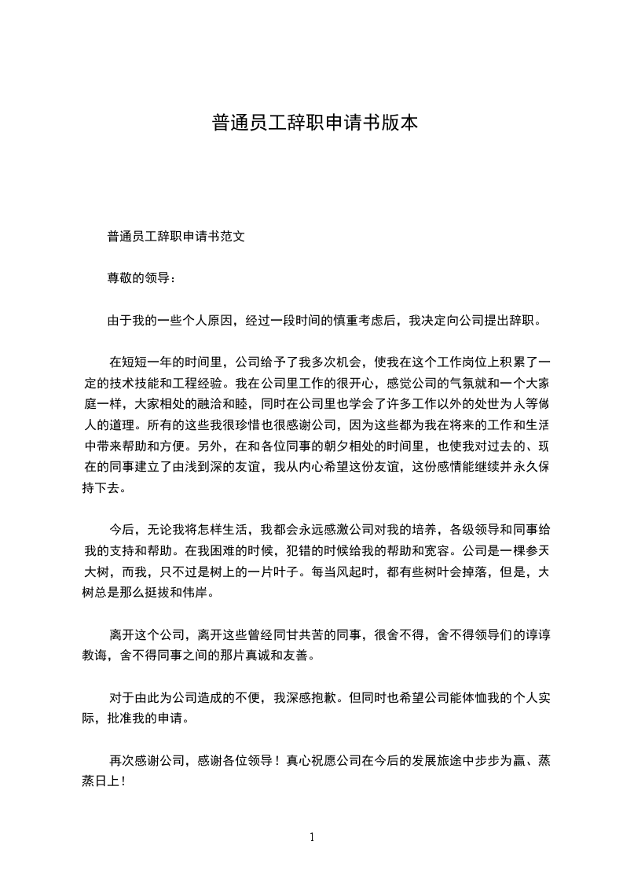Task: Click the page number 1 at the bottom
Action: pyautogui.click(x=312, y=837)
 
